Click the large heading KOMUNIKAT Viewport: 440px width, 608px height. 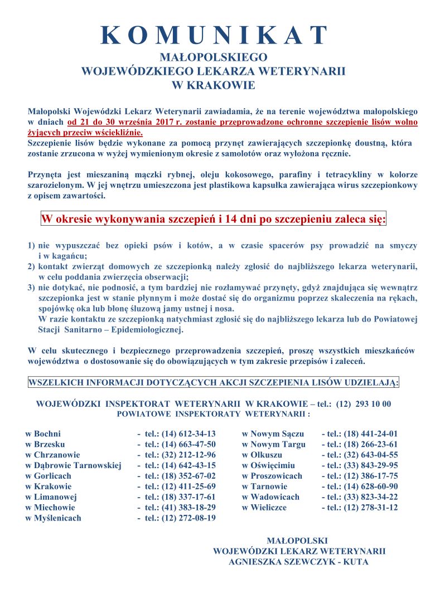point(214,35)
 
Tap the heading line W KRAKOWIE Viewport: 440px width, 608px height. point(214,85)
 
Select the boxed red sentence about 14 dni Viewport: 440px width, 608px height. point(214,219)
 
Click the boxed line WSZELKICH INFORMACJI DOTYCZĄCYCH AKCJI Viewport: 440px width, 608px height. point(214,383)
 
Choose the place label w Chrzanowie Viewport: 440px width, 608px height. point(52,455)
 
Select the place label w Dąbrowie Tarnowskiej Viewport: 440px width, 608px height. point(73,465)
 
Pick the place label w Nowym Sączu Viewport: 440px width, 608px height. point(273,434)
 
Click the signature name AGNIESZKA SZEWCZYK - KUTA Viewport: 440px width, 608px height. point(298,562)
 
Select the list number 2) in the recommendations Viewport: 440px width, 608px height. point(31,266)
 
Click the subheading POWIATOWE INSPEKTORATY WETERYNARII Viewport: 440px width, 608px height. point(214,415)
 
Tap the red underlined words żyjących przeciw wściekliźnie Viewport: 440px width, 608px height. point(85,133)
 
